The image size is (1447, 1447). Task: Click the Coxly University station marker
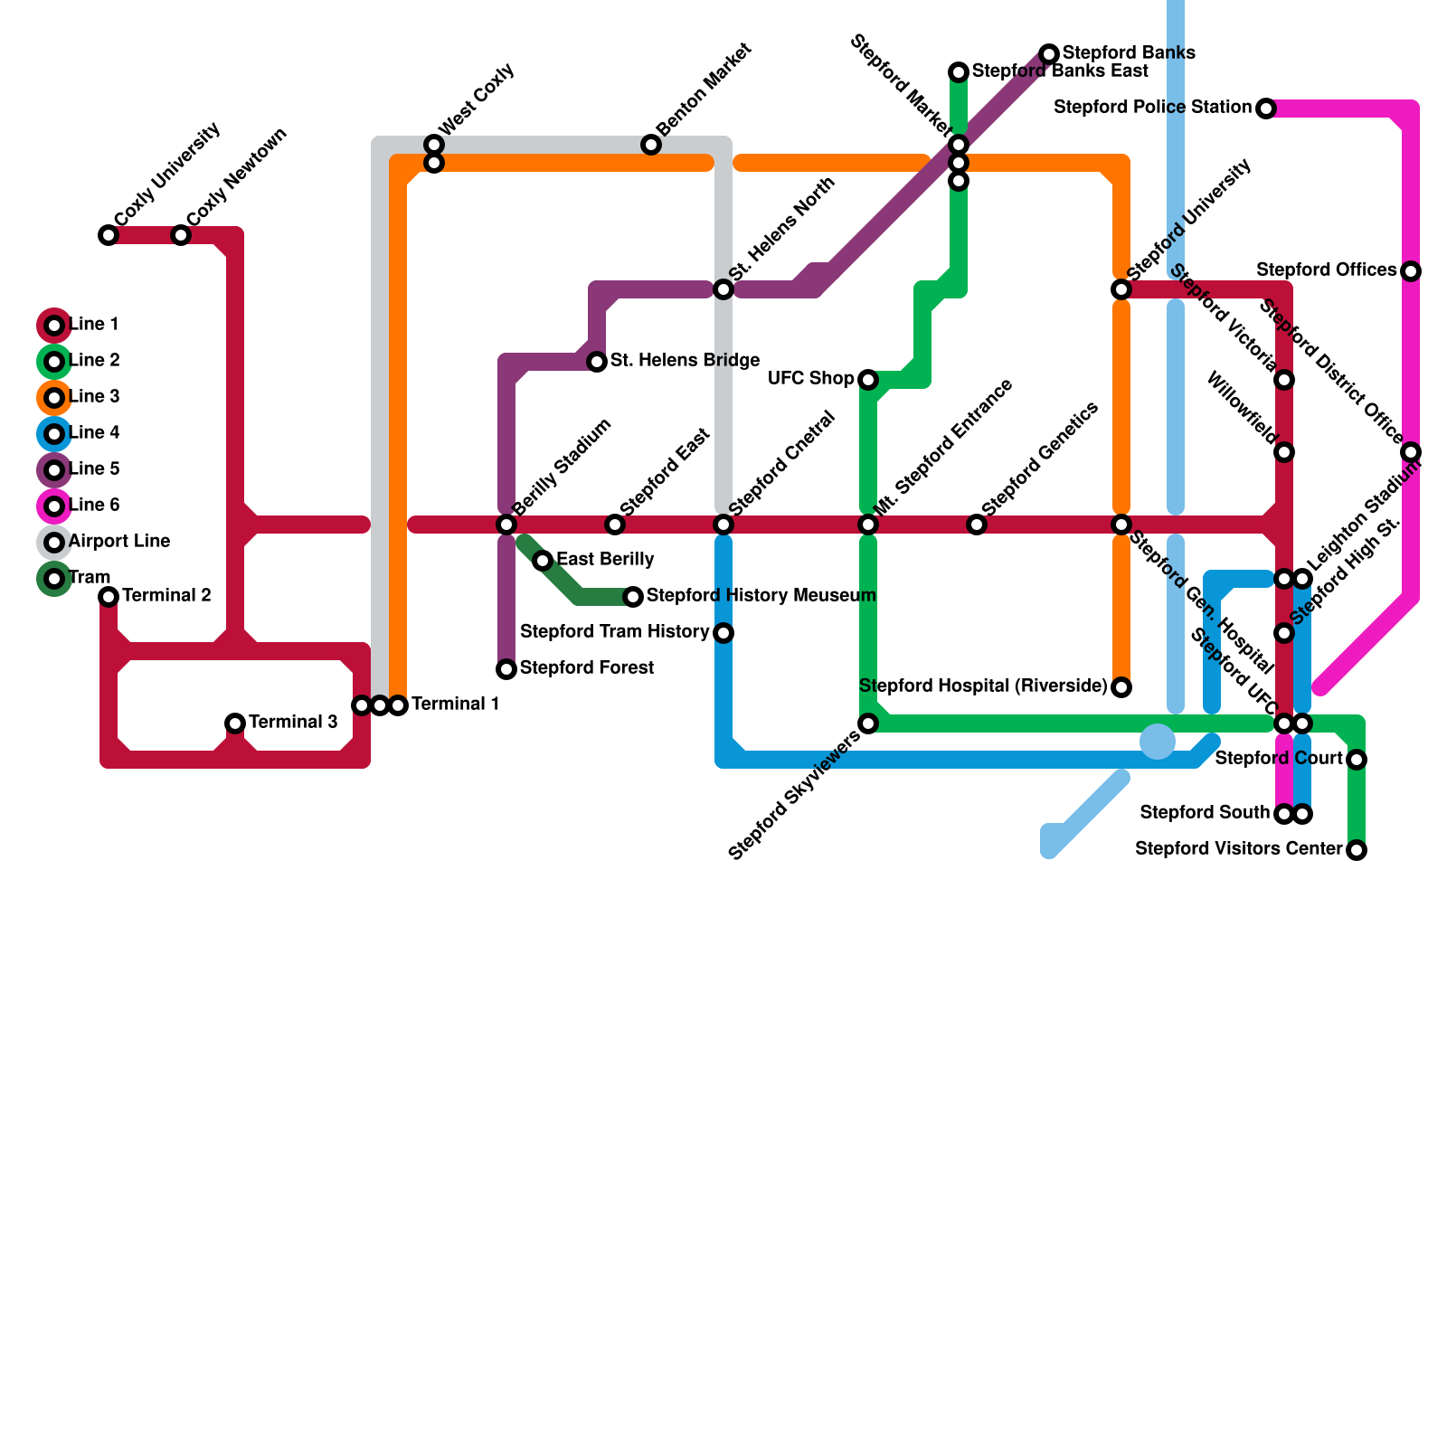point(109,235)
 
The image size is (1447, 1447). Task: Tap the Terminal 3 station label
point(293,723)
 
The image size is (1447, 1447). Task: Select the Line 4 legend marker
point(54,434)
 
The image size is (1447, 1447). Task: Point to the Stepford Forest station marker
point(506,669)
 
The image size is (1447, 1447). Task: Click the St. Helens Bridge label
point(685,361)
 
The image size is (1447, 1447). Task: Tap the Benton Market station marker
point(651,145)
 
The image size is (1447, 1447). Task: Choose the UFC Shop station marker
point(868,380)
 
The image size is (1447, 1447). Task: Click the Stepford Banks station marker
point(1049,54)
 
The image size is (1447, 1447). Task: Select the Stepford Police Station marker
point(1266,109)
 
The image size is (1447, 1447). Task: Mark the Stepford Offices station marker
point(1411,271)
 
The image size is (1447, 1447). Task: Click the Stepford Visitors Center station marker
point(1357,850)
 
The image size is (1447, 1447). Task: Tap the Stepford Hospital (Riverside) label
point(983,686)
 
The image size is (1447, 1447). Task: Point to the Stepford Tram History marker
point(723,633)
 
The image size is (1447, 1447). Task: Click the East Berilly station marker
point(543,561)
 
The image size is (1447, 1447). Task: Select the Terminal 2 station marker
point(109,597)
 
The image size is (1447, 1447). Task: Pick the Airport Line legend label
point(119,542)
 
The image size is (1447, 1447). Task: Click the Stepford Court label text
point(1279,759)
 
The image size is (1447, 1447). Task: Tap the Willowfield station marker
point(1284,452)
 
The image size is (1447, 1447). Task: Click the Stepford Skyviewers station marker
point(868,723)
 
